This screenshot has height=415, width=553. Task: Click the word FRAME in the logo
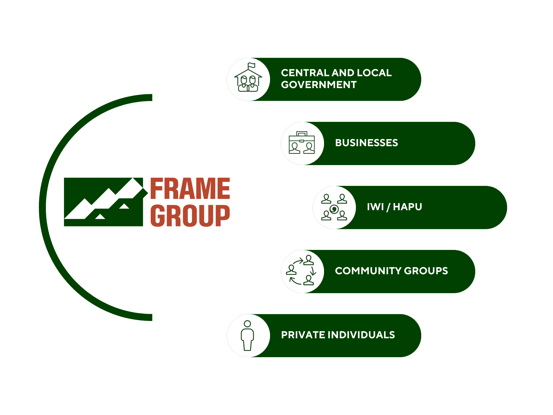pyautogui.click(x=190, y=189)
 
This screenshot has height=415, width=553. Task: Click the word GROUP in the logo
pyautogui.click(x=190, y=216)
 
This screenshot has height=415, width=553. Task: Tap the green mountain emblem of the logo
pyautogui.click(x=103, y=202)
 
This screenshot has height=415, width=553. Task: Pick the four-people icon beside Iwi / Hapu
pyautogui.click(x=334, y=207)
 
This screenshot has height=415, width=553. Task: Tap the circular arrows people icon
pyautogui.click(x=302, y=271)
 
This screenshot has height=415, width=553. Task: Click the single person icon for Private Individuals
pyautogui.click(x=247, y=336)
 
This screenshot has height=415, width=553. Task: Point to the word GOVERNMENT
pyautogui.click(x=319, y=85)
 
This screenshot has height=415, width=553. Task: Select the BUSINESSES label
pyautogui.click(x=366, y=143)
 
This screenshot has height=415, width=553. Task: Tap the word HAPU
pyautogui.click(x=407, y=207)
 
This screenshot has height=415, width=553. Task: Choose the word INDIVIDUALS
pyautogui.click(x=361, y=335)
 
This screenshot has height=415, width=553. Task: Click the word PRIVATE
pyautogui.click(x=303, y=335)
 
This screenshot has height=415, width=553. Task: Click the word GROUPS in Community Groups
pyautogui.click(x=426, y=271)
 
